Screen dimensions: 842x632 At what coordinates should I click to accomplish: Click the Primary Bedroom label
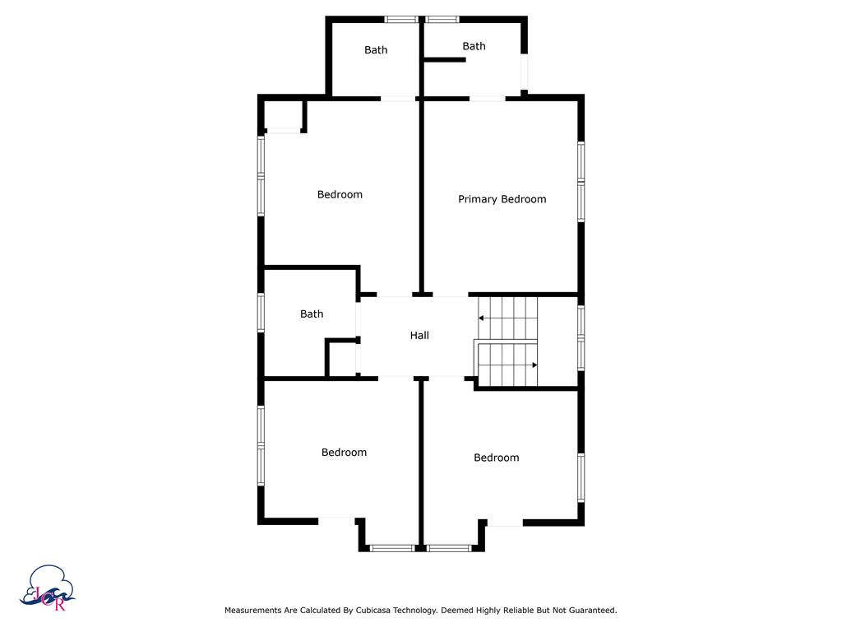point(502,199)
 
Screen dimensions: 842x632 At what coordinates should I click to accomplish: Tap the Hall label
point(419,336)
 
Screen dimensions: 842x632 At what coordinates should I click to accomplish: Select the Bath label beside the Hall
point(312,314)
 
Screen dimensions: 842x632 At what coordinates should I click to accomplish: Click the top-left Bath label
point(376,50)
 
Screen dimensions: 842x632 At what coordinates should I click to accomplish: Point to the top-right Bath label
point(474,46)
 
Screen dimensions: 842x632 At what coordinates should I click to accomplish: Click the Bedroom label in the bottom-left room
point(345,453)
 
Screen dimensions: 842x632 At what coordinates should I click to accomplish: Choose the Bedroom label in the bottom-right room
point(496,458)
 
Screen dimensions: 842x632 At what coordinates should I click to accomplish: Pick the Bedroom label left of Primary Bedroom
point(340,194)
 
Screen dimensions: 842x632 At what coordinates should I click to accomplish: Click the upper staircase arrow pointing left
point(507,318)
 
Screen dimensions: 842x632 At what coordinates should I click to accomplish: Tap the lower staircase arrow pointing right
point(508,365)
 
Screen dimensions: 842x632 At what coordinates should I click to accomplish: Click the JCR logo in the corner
point(47,588)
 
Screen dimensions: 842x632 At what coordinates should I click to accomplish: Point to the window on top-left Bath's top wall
point(401,20)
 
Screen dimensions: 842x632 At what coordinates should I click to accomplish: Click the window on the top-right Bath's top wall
point(442,20)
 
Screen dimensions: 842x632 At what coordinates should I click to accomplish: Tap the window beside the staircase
point(581,337)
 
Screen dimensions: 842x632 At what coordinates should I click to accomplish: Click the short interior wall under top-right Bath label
point(445,59)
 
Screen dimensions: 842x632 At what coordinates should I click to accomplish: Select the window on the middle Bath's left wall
point(261,312)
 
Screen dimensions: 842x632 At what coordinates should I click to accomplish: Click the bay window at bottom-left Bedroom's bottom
point(392,548)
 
